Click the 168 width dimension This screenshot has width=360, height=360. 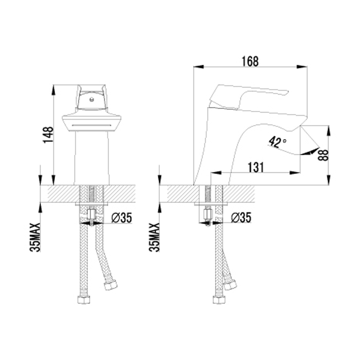coord(250,61)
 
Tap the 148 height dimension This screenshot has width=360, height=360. coord(48,135)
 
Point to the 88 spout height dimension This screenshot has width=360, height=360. coord(323,155)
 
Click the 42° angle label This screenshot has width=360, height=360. coord(277,142)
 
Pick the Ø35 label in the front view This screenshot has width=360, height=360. coord(121,218)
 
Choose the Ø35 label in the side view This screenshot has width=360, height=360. coord(241,217)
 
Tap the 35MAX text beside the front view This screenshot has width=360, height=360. coord(35,237)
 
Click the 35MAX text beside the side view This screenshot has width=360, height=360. coord(154,237)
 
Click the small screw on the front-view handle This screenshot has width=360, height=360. coord(92,99)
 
